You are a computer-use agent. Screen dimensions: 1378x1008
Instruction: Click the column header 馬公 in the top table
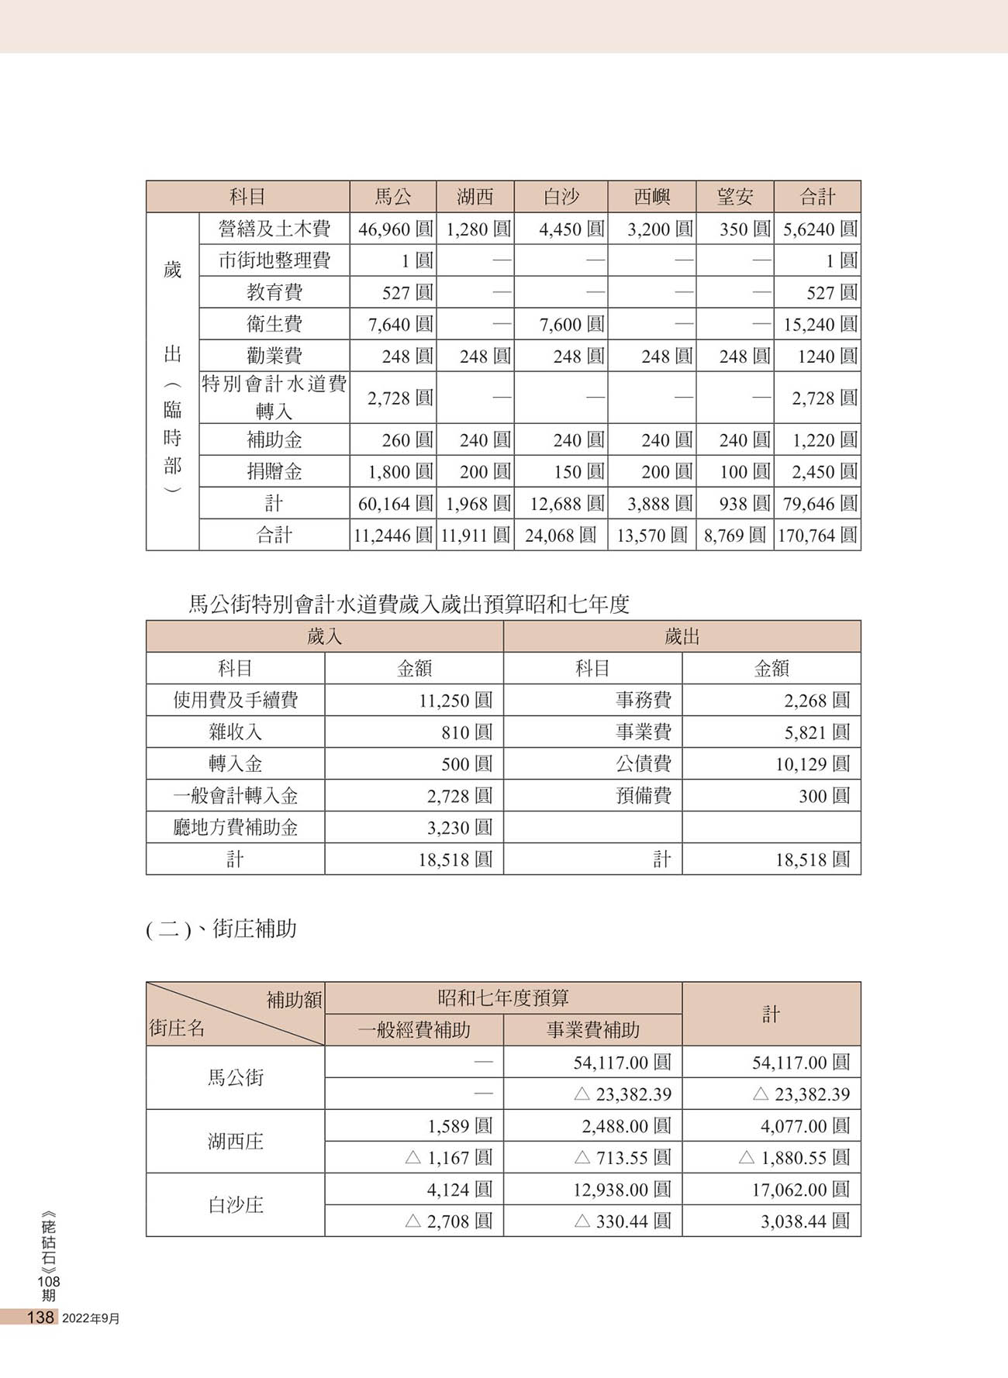pyautogui.click(x=393, y=197)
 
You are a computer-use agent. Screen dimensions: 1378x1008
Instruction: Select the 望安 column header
pyautogui.click(x=734, y=197)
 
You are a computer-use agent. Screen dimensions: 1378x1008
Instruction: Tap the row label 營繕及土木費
pyautogui.click(x=274, y=229)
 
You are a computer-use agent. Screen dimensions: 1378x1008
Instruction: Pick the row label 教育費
pyautogui.click(x=274, y=292)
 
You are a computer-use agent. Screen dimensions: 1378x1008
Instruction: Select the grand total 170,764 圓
pyautogui.click(x=817, y=536)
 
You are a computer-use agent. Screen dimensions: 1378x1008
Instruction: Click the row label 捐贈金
pyautogui.click(x=274, y=471)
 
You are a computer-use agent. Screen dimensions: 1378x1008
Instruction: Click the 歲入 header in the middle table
pyautogui.click(x=324, y=636)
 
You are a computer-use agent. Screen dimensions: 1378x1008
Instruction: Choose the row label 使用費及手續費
pyautogui.click(x=235, y=701)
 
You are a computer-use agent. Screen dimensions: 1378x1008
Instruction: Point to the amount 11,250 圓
pyautogui.click(x=455, y=701)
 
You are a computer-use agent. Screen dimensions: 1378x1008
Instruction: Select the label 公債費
pyautogui.click(x=644, y=764)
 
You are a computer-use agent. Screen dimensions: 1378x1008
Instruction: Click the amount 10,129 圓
pyautogui.click(x=812, y=764)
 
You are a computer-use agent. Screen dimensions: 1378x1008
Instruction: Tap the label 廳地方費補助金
pyautogui.click(x=235, y=828)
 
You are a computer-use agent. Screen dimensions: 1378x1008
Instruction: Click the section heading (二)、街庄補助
pyautogui.click(x=222, y=928)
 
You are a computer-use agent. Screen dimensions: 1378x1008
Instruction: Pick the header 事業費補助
pyautogui.click(x=592, y=1030)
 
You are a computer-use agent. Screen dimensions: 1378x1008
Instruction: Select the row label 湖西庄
pyautogui.click(x=235, y=1141)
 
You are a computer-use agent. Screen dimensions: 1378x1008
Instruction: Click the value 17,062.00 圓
pyautogui.click(x=800, y=1190)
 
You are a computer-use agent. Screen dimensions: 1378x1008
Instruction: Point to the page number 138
pyautogui.click(x=40, y=1318)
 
